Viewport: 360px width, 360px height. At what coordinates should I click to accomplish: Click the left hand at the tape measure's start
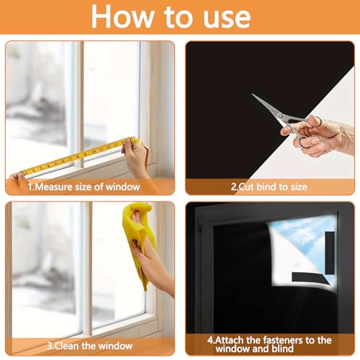[16, 176]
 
